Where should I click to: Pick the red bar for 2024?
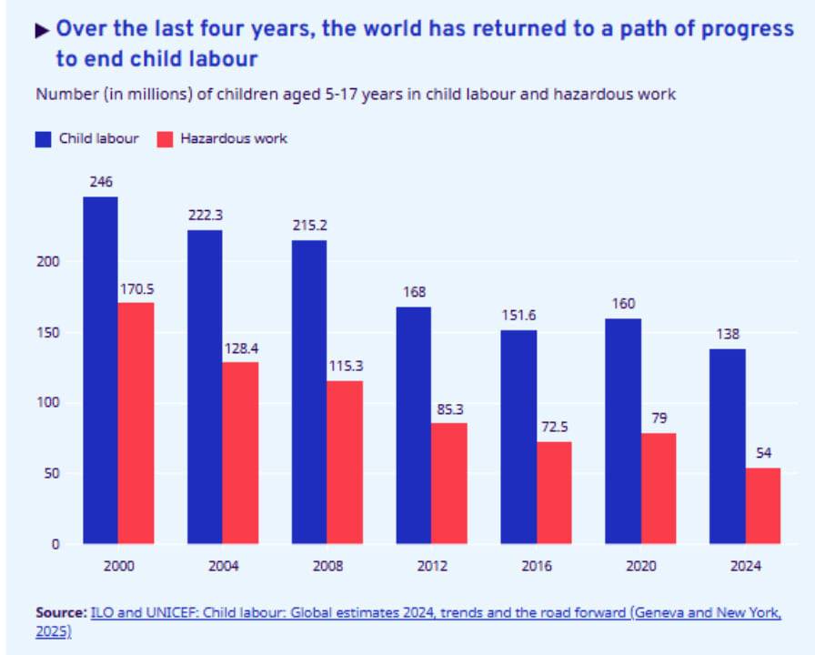pyautogui.click(x=762, y=506)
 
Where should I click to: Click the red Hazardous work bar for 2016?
pyautogui.click(x=553, y=493)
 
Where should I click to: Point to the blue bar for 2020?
pyautogui.click(x=623, y=431)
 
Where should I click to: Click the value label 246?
pyautogui.click(x=101, y=182)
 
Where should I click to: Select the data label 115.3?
pyautogui.click(x=346, y=365)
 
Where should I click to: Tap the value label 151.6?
pyautogui.click(x=518, y=315)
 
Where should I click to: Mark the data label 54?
pyautogui.click(x=762, y=452)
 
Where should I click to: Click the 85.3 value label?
pyautogui.click(x=449, y=408)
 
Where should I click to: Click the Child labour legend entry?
pyautogui.click(x=87, y=138)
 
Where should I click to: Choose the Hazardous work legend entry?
pyautogui.click(x=222, y=138)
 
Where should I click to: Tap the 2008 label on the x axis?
pyautogui.click(x=327, y=566)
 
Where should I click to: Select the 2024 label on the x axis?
pyautogui.click(x=745, y=566)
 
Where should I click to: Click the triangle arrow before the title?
pyautogui.click(x=43, y=30)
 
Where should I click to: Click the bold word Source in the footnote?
pyautogui.click(x=60, y=612)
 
